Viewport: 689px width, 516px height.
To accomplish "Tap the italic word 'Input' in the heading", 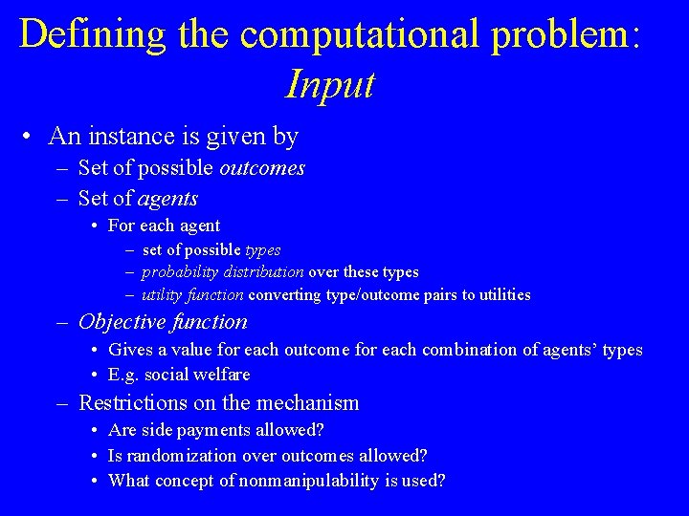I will (x=330, y=86).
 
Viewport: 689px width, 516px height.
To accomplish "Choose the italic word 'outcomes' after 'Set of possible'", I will (x=262, y=169).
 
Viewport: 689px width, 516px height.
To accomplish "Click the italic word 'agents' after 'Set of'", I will (x=167, y=199).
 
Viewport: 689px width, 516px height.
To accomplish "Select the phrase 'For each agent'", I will (x=164, y=226).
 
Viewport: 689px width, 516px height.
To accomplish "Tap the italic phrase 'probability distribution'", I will (x=223, y=272).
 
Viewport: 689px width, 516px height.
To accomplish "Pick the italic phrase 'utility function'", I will (x=192, y=295).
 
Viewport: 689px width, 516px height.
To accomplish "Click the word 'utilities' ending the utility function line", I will (x=499, y=295).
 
